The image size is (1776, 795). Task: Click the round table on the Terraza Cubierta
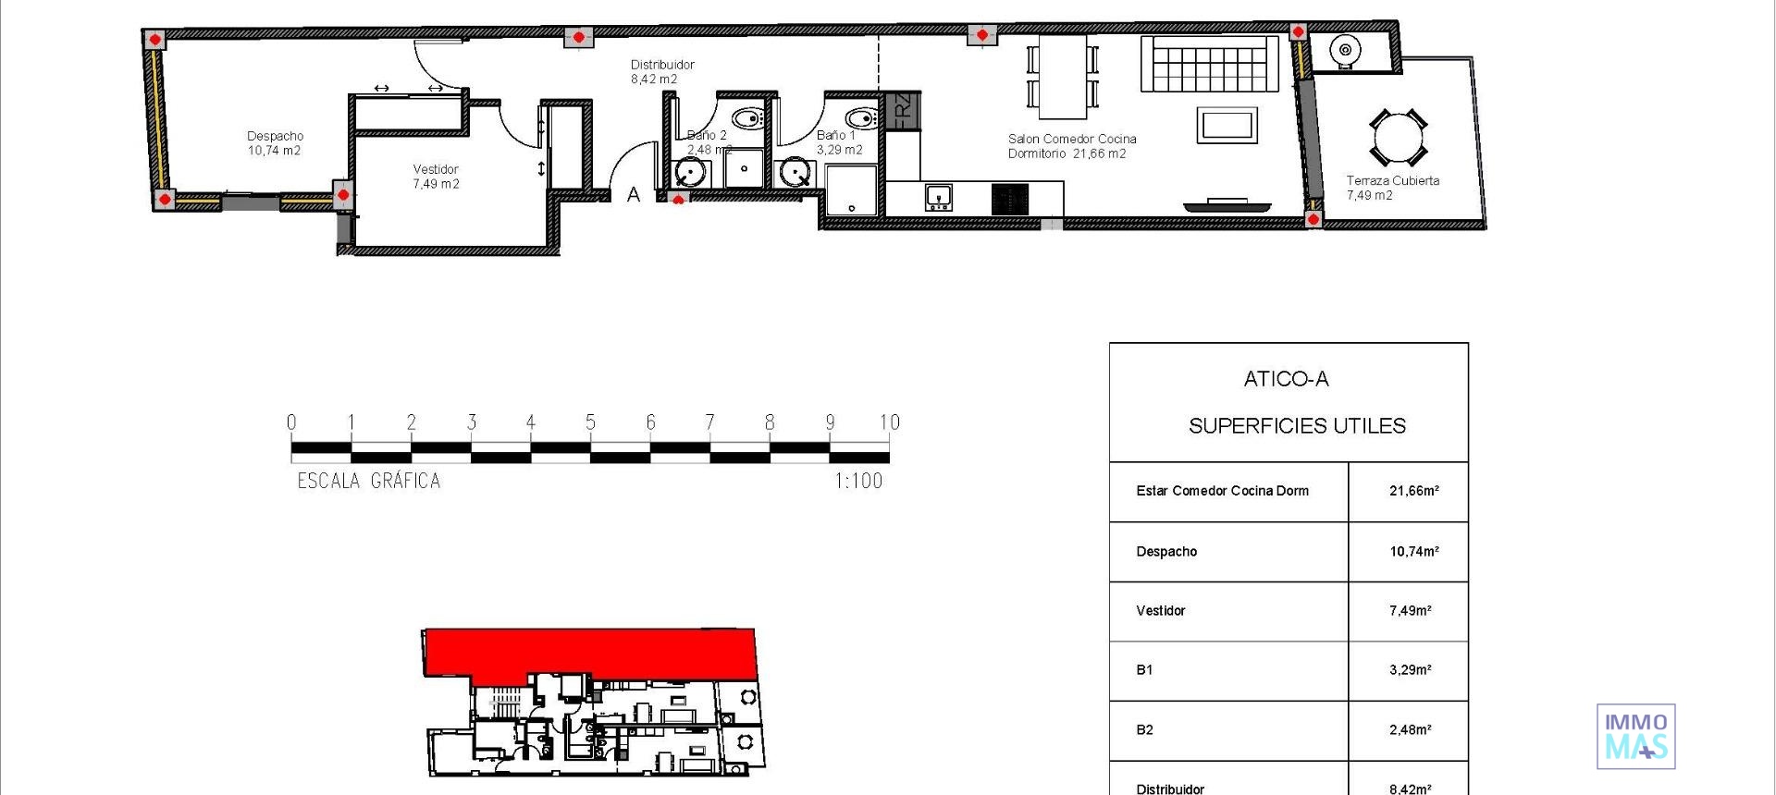(x=1398, y=137)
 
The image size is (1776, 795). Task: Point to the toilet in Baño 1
(x=862, y=118)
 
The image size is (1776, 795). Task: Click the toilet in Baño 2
(x=746, y=118)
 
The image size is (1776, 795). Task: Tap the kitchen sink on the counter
(x=938, y=197)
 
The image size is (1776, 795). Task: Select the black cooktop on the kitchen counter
(x=1009, y=200)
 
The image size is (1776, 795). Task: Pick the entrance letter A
(x=634, y=195)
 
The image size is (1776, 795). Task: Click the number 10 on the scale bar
(x=889, y=422)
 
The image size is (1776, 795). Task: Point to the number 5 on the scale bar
(x=590, y=422)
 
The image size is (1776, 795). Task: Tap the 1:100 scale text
(x=858, y=481)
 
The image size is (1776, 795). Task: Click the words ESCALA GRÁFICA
(x=369, y=481)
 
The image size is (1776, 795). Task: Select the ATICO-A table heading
(x=1286, y=379)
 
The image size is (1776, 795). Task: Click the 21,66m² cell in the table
(x=1413, y=491)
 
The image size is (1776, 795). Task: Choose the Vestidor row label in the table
(x=1160, y=610)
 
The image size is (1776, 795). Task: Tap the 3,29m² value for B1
(x=1410, y=670)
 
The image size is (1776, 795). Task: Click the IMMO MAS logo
(x=1635, y=736)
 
